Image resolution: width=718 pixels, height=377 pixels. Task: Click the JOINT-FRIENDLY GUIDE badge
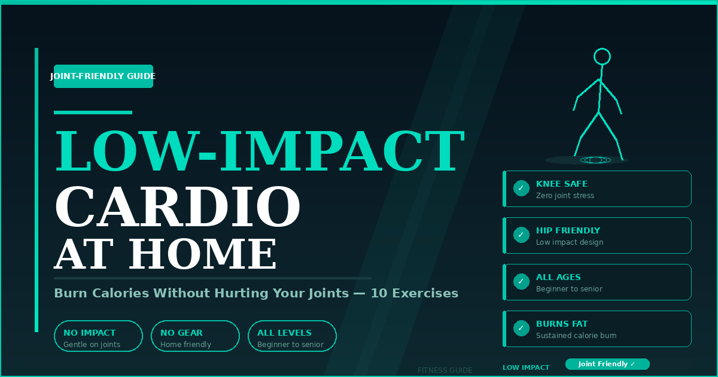pyautogui.click(x=103, y=77)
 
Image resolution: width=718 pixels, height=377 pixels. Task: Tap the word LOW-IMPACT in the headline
pyautogui.click(x=260, y=151)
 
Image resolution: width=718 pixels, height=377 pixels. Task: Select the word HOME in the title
pyautogui.click(x=202, y=254)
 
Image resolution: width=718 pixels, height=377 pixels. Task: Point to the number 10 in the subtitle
pyautogui.click(x=379, y=293)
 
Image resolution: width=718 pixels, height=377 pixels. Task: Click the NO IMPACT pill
pyautogui.click(x=98, y=336)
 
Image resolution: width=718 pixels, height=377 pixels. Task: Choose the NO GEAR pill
pyautogui.click(x=195, y=336)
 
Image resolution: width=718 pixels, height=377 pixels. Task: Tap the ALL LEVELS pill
pyautogui.click(x=292, y=336)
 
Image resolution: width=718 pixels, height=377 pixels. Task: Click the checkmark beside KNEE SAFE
pyautogui.click(x=521, y=188)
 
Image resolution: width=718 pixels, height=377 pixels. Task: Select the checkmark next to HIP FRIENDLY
pyautogui.click(x=521, y=235)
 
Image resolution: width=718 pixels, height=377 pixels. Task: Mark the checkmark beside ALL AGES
pyautogui.click(x=521, y=281)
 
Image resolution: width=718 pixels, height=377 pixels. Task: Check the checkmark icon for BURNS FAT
pyautogui.click(x=521, y=329)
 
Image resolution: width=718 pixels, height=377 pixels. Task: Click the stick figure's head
pyautogui.click(x=602, y=57)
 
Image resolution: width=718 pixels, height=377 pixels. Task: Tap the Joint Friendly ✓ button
pyautogui.click(x=607, y=364)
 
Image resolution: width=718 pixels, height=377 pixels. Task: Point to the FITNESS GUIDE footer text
pyautogui.click(x=445, y=370)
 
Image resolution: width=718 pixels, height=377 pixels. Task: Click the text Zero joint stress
pyautogui.click(x=565, y=196)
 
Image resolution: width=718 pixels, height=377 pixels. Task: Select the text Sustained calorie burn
pyautogui.click(x=576, y=336)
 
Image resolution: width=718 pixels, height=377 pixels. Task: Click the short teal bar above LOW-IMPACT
pyautogui.click(x=93, y=113)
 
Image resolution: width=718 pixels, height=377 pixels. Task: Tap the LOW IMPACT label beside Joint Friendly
pyautogui.click(x=526, y=367)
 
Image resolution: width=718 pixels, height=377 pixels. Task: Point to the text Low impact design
pyautogui.click(x=570, y=242)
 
